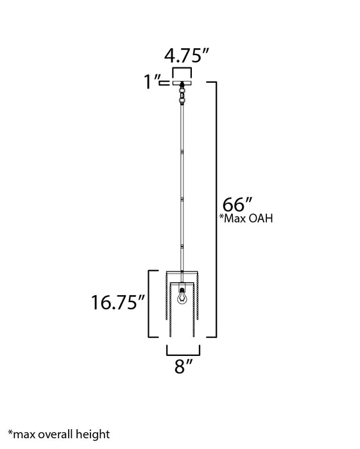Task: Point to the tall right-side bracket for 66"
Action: (219, 209)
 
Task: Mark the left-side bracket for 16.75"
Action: (151, 304)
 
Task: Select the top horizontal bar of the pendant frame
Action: (183, 270)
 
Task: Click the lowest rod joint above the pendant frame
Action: (183, 246)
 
